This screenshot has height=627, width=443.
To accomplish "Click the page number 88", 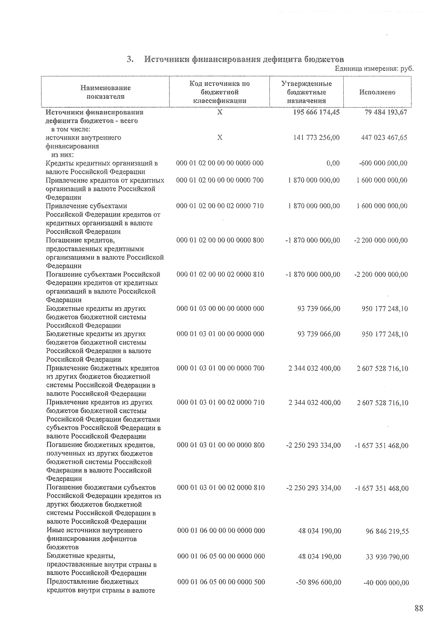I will pos(419,608).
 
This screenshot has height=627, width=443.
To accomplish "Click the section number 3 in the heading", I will pos(130,59).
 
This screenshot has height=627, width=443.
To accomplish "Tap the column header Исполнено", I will pos(377,92).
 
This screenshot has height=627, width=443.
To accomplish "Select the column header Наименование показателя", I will pos(105,92).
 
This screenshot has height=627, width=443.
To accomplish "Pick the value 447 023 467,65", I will pos(384,137).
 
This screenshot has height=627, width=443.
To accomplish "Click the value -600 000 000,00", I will pos(383,163).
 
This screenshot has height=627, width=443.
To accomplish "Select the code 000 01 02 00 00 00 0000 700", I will pos(220,180).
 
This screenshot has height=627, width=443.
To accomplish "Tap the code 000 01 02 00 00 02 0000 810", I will pos(220,275).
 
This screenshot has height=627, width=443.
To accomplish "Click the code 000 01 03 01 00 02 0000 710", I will pos(221,402).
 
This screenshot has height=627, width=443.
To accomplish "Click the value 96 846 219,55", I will pos(387,531).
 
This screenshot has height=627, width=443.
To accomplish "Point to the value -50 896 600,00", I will pos(319,582).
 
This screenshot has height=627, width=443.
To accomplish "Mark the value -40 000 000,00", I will pos(386,583).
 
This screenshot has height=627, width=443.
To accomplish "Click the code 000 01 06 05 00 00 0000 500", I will pos(221,582).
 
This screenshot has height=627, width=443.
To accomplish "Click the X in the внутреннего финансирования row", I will pos(220,137).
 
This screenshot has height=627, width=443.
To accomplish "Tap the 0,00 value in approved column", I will pos(333,163).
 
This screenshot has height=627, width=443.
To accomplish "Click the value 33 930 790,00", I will pos(387,557).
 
